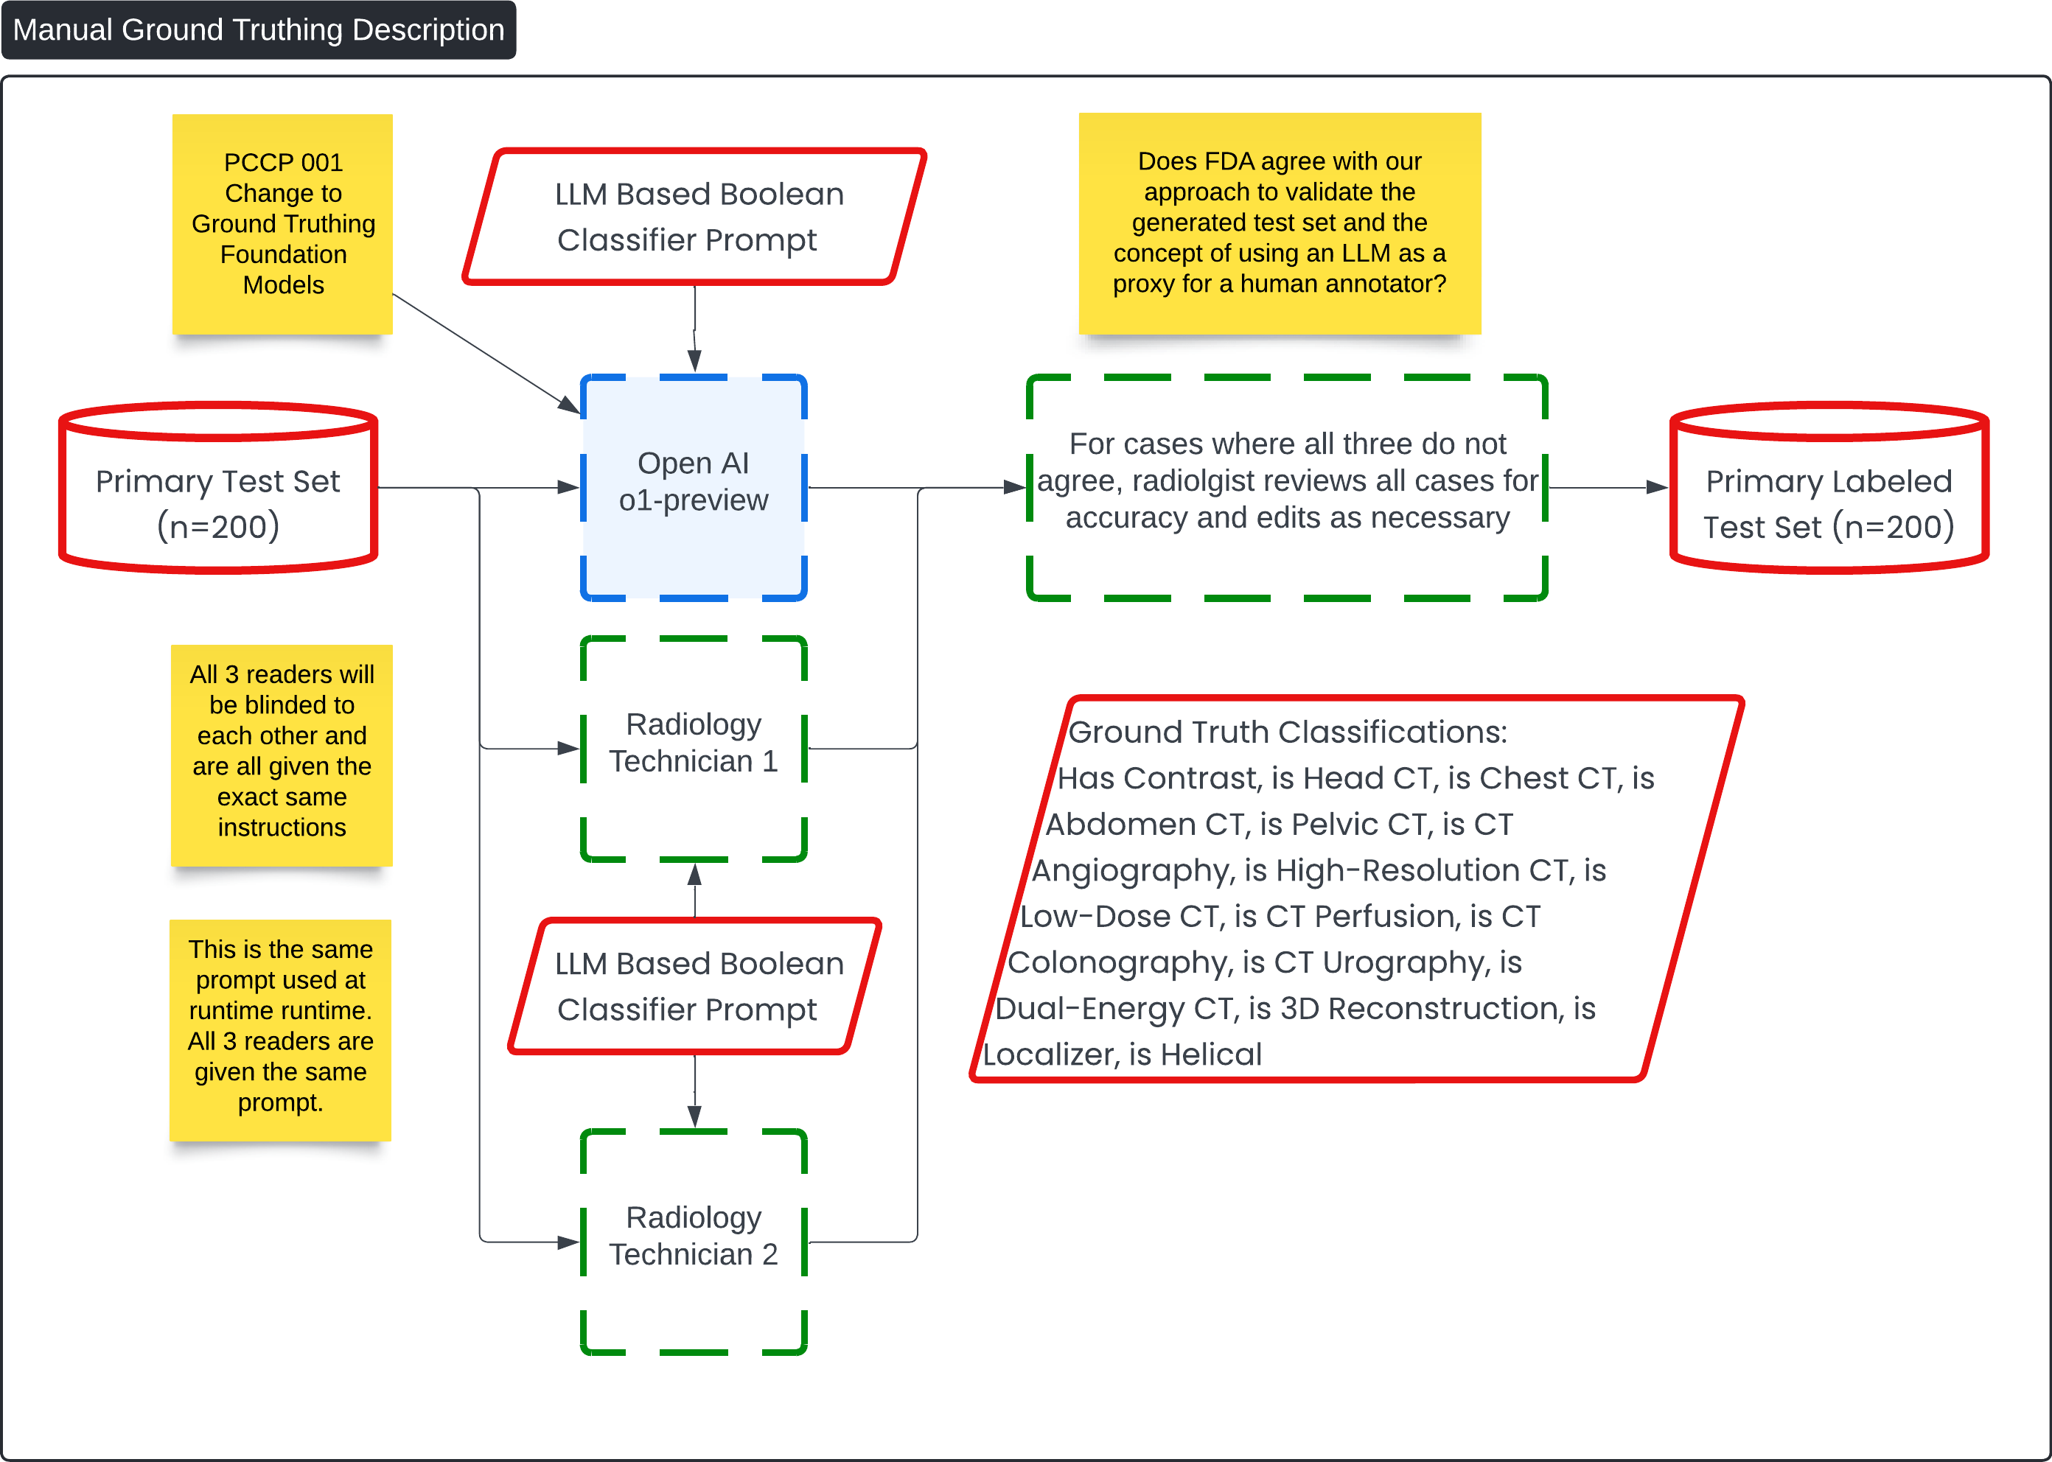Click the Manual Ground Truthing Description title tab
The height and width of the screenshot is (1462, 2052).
click(x=259, y=29)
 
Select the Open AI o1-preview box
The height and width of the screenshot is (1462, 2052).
click(x=694, y=487)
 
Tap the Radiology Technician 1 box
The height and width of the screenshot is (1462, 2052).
click(x=694, y=748)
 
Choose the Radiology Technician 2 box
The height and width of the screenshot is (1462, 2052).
click(x=694, y=1242)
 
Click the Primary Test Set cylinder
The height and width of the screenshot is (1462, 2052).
click(x=218, y=487)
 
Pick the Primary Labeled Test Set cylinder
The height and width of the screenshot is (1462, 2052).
click(x=1829, y=487)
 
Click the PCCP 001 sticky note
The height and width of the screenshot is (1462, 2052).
click(x=283, y=224)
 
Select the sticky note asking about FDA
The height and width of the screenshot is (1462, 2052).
click(x=1280, y=223)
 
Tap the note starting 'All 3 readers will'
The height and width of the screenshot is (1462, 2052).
click(x=282, y=755)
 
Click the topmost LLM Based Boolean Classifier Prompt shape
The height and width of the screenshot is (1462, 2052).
click(x=694, y=216)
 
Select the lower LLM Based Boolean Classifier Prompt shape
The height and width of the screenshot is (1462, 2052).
click(x=694, y=986)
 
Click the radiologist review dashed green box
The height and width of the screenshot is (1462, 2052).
click(x=1288, y=487)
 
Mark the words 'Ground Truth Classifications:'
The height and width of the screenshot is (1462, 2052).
click(x=1287, y=732)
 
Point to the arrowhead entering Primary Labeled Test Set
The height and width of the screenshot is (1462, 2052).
click(x=1657, y=487)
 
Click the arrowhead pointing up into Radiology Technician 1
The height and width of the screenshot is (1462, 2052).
click(x=694, y=873)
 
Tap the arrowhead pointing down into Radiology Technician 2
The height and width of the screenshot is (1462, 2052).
click(x=694, y=1117)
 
